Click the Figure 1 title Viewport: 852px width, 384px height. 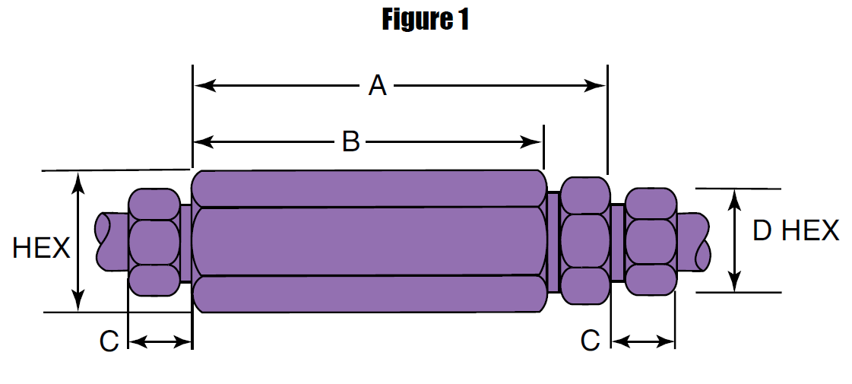point(426,21)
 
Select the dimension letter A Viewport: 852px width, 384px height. point(378,86)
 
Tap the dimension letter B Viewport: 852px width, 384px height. point(350,141)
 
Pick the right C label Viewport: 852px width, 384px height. point(591,341)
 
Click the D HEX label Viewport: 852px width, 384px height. point(796,230)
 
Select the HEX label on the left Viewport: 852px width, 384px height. point(42,248)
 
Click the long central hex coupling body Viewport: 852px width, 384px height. point(369,241)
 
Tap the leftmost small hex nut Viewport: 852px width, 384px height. point(155,242)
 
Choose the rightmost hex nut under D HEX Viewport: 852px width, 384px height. point(651,241)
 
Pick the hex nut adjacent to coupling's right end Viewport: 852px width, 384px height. point(584,241)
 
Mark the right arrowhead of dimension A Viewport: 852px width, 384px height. point(597,86)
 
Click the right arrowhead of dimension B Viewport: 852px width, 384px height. point(534,141)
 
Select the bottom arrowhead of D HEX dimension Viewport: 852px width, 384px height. point(735,283)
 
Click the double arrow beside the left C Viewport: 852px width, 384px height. point(160,343)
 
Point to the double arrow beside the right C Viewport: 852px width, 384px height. point(643,342)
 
